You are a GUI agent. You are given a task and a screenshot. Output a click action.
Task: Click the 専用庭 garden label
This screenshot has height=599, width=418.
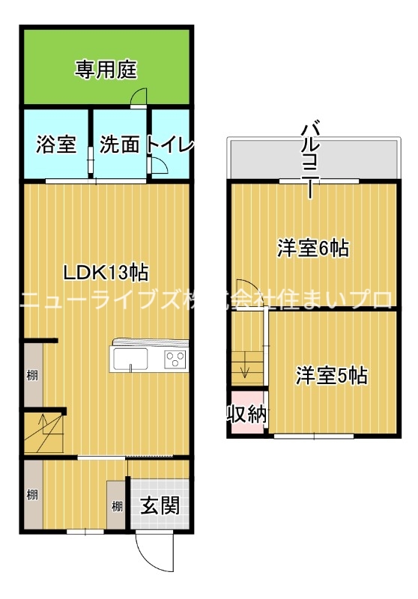tap(106, 70)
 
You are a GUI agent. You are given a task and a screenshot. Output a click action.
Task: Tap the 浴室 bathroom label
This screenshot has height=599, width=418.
tap(56, 145)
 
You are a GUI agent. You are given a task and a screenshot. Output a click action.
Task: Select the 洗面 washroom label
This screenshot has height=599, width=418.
tap(119, 145)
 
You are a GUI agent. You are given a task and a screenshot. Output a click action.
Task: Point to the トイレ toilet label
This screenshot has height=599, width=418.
tap(169, 145)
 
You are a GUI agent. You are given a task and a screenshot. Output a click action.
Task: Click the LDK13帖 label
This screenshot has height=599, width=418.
tap(106, 273)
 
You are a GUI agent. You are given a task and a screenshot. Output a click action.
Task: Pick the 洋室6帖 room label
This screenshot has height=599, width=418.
tap(313, 249)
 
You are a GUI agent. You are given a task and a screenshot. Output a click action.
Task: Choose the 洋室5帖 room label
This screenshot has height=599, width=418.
tap(332, 375)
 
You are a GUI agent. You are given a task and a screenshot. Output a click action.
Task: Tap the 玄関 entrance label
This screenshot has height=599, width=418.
tap(160, 505)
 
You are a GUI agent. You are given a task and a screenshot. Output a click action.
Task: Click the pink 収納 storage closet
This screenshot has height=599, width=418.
tap(247, 413)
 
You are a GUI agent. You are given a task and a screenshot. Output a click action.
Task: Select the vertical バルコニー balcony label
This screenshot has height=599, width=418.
tap(310, 159)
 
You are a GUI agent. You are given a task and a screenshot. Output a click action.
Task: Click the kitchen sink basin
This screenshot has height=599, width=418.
tap(130, 359)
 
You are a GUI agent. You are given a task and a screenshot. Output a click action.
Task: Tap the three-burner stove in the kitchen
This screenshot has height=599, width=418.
tap(175, 359)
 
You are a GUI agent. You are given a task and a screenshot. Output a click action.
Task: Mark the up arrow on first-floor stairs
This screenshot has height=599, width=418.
tap(43, 425)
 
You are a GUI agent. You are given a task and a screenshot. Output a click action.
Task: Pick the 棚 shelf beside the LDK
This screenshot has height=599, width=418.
tap(32, 375)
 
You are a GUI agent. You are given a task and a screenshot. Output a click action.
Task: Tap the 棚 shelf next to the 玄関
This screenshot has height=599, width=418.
tap(117, 506)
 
